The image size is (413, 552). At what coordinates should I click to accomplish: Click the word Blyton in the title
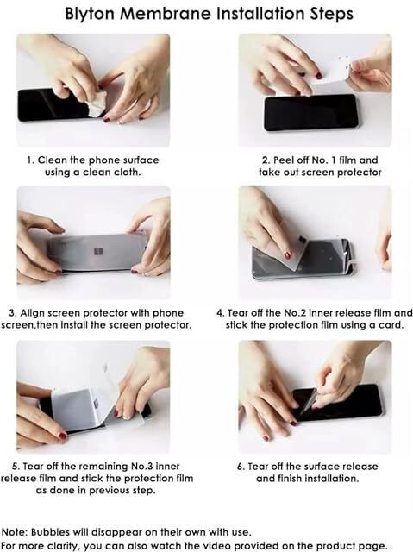tap(90, 14)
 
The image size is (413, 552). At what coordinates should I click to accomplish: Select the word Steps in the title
tap(331, 15)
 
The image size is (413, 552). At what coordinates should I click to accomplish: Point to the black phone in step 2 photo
tap(310, 113)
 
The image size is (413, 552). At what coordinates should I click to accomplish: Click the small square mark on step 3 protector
tap(98, 252)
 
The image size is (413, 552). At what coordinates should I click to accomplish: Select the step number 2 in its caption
tap(266, 160)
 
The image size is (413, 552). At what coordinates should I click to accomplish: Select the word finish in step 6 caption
tap(289, 479)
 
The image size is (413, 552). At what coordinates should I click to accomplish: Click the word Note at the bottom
tap(15, 532)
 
